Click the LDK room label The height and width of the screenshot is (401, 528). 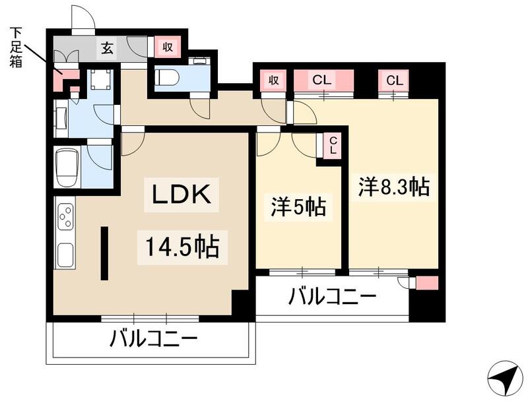pos(181,196)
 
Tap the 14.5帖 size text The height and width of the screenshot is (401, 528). pos(178,247)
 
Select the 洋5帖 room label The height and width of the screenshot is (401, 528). pos(298,208)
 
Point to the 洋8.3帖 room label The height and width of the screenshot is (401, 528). pos(394,187)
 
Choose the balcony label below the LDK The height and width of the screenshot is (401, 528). pos(153,341)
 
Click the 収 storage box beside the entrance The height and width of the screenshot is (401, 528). pos(168,47)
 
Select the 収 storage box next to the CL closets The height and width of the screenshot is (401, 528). pos(273,80)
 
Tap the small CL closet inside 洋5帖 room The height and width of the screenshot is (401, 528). pos(333,145)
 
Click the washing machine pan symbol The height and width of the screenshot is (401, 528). pos(100,81)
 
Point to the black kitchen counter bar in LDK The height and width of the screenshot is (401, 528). pos(104,253)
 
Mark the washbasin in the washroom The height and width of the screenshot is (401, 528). pos(61,119)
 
